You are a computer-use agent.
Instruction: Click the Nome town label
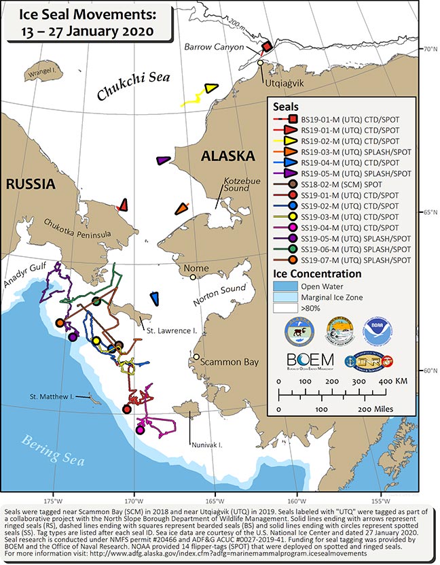tap(197, 268)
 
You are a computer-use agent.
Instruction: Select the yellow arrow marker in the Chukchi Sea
tap(210, 88)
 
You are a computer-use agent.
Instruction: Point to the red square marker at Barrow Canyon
tap(267, 46)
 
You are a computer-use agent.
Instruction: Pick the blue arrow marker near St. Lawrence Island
tap(155, 297)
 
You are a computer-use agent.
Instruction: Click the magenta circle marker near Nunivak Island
tap(140, 429)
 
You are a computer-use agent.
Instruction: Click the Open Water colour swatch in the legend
tap(287, 286)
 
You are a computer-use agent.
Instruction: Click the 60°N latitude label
tap(430, 371)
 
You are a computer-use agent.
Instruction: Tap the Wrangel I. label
tap(40, 69)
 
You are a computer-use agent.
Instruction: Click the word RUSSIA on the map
tap(28, 184)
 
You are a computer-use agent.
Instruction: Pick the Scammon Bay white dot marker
tap(197, 356)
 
